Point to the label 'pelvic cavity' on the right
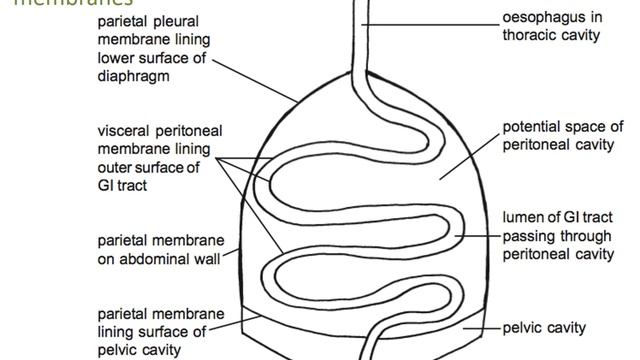pos(544,327)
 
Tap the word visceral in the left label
pos(122,131)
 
